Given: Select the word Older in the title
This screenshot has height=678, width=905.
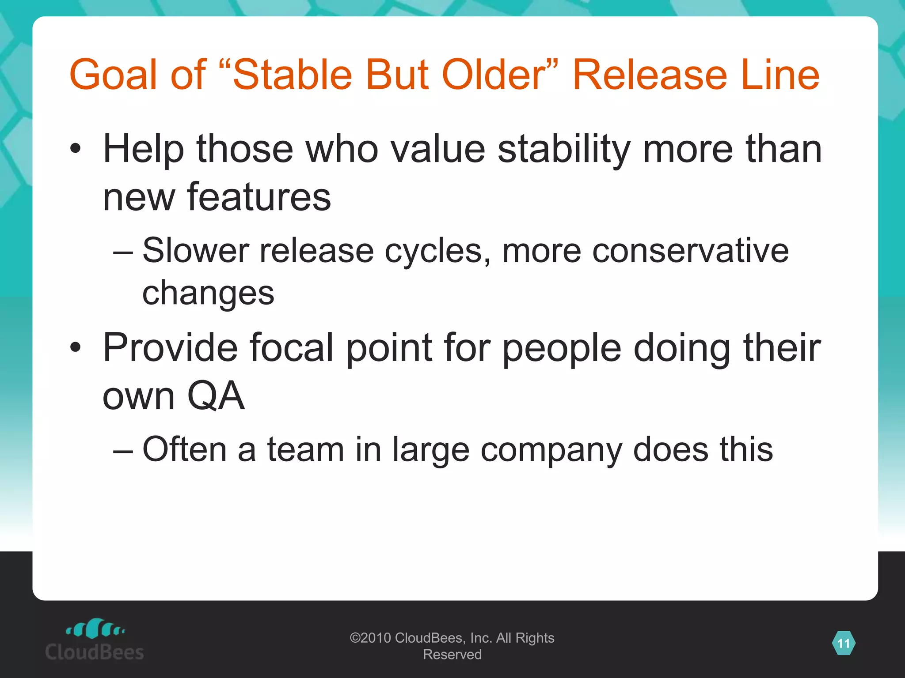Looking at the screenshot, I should coord(495,75).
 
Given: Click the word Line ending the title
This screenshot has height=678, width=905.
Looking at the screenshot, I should coord(780,75).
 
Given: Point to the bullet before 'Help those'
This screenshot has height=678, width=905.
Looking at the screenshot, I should coord(76,149).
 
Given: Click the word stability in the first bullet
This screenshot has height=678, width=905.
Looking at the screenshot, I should coord(564,149).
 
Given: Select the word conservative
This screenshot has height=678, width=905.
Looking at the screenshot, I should coord(690,251).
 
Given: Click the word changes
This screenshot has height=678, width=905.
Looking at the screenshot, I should coord(208,294).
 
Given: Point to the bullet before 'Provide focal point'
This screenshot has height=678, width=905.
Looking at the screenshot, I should coord(76,347).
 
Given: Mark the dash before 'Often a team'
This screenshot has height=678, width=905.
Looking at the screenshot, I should coord(122,451).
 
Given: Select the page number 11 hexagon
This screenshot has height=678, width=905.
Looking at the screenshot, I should coord(844,644).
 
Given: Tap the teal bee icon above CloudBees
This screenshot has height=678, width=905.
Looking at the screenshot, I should coord(95,629).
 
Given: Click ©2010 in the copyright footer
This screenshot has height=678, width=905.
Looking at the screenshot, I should coord(370,638).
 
